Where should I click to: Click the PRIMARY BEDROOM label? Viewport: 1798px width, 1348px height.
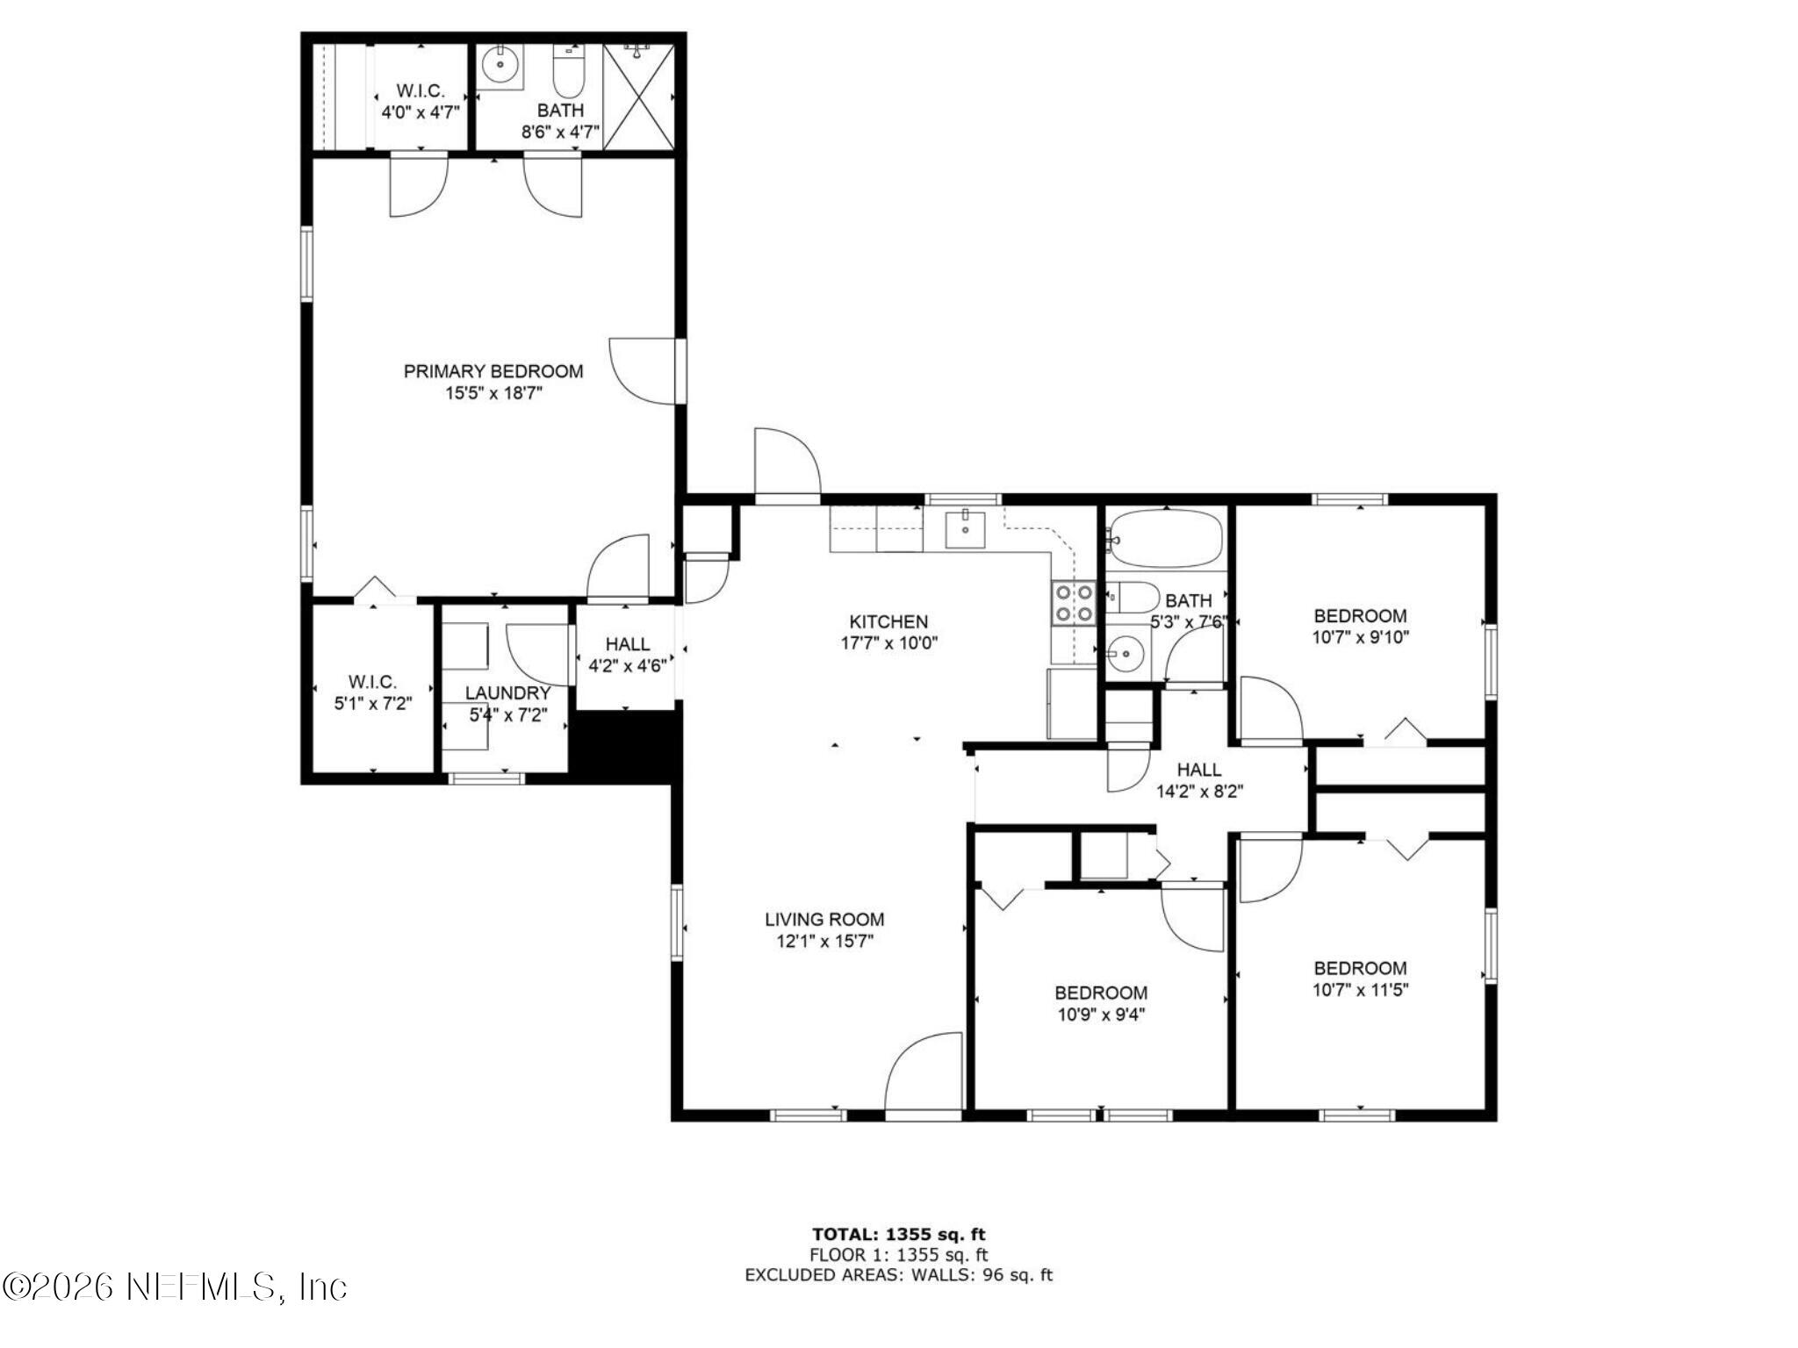(x=493, y=371)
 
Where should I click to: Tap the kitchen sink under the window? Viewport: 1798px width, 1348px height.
(x=965, y=528)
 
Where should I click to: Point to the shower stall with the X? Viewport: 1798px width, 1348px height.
(x=639, y=97)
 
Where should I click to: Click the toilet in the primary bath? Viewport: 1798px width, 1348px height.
(x=569, y=73)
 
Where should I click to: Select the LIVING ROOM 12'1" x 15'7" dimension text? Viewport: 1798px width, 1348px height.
(x=823, y=943)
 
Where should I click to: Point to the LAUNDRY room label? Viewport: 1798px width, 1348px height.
(x=507, y=693)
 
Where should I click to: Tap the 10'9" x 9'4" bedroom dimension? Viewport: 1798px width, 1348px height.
(x=1101, y=1015)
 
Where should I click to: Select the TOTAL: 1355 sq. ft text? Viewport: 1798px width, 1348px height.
(x=898, y=1235)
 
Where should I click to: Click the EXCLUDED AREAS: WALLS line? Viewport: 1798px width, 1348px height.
(x=898, y=1275)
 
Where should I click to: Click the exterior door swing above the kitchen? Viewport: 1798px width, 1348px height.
(x=787, y=462)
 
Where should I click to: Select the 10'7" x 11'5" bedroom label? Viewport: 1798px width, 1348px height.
(x=1360, y=991)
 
